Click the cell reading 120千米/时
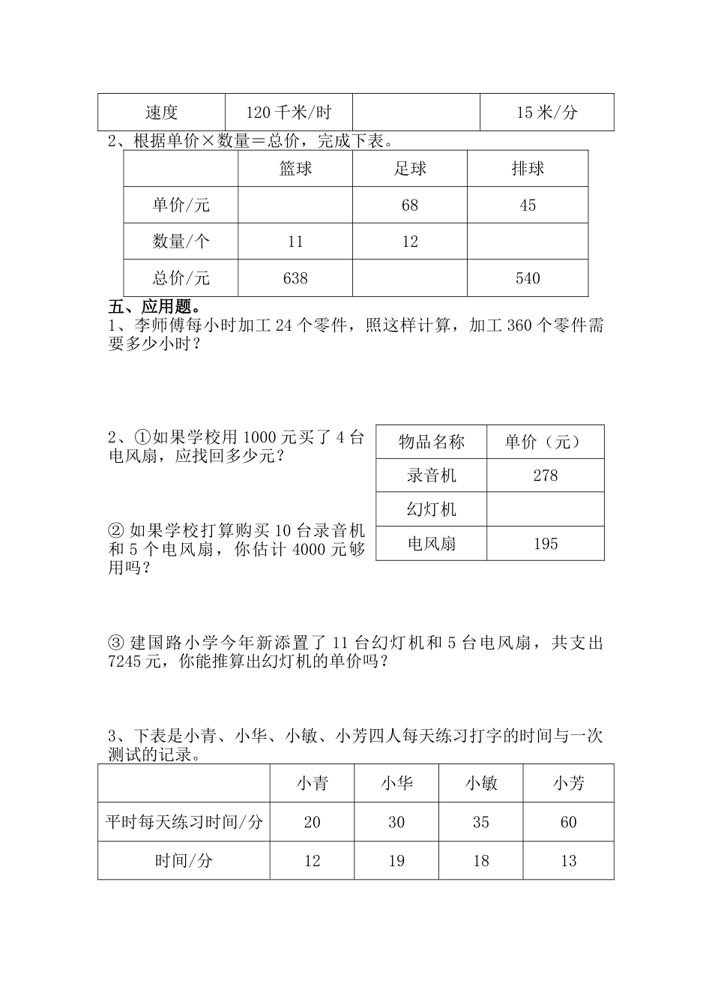[x=289, y=113]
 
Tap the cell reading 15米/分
[x=546, y=113]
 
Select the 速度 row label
[x=161, y=113]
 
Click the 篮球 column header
[x=295, y=169]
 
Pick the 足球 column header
[x=410, y=169]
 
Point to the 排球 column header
[x=528, y=169]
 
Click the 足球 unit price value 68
[x=410, y=205]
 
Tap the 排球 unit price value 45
[x=528, y=205]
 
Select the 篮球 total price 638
[x=295, y=278]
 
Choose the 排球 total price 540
[x=528, y=278]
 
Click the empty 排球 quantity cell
[x=528, y=241]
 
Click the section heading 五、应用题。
[x=154, y=307]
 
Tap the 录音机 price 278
[x=546, y=475]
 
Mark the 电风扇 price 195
[x=546, y=544]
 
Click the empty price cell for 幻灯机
[x=546, y=509]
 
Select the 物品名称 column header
[x=432, y=442]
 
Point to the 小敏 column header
[x=481, y=784]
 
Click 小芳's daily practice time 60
[x=569, y=823]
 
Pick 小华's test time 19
[x=396, y=861]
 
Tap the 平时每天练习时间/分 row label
[x=184, y=823]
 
